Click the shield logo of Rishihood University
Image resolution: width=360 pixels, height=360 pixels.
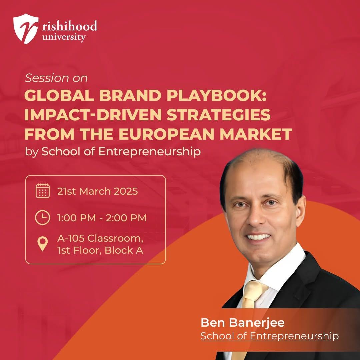pos(25,28)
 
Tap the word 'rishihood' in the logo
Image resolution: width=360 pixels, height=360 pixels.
pos(70,26)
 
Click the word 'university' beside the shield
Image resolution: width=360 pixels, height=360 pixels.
pos(64,37)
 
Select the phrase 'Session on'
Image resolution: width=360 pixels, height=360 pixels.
pos(56,78)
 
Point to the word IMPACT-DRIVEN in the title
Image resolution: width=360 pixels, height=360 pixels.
pos(93,115)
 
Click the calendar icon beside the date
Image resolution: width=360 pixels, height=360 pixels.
pos(42,191)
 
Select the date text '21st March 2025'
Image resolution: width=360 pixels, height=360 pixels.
pos(98,191)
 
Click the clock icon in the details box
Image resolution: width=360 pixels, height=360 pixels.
pos(42,217)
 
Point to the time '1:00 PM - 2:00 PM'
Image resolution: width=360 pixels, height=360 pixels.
pos(102,218)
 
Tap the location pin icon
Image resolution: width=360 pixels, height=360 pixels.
pos(42,244)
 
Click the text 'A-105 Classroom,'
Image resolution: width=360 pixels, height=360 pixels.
pos(100,239)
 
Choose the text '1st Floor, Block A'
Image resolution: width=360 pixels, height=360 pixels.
pos(100,250)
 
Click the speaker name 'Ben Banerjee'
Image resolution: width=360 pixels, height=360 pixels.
pos(242,323)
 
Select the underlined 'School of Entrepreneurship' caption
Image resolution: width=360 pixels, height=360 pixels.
pos(270,336)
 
